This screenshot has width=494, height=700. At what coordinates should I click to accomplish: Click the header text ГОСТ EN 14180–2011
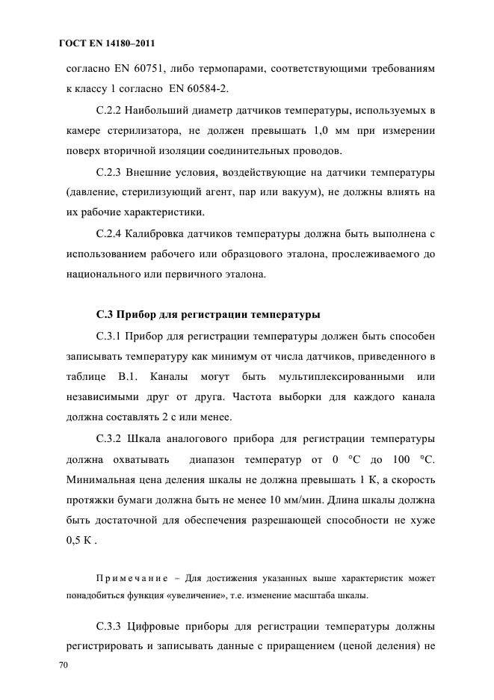point(106,43)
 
